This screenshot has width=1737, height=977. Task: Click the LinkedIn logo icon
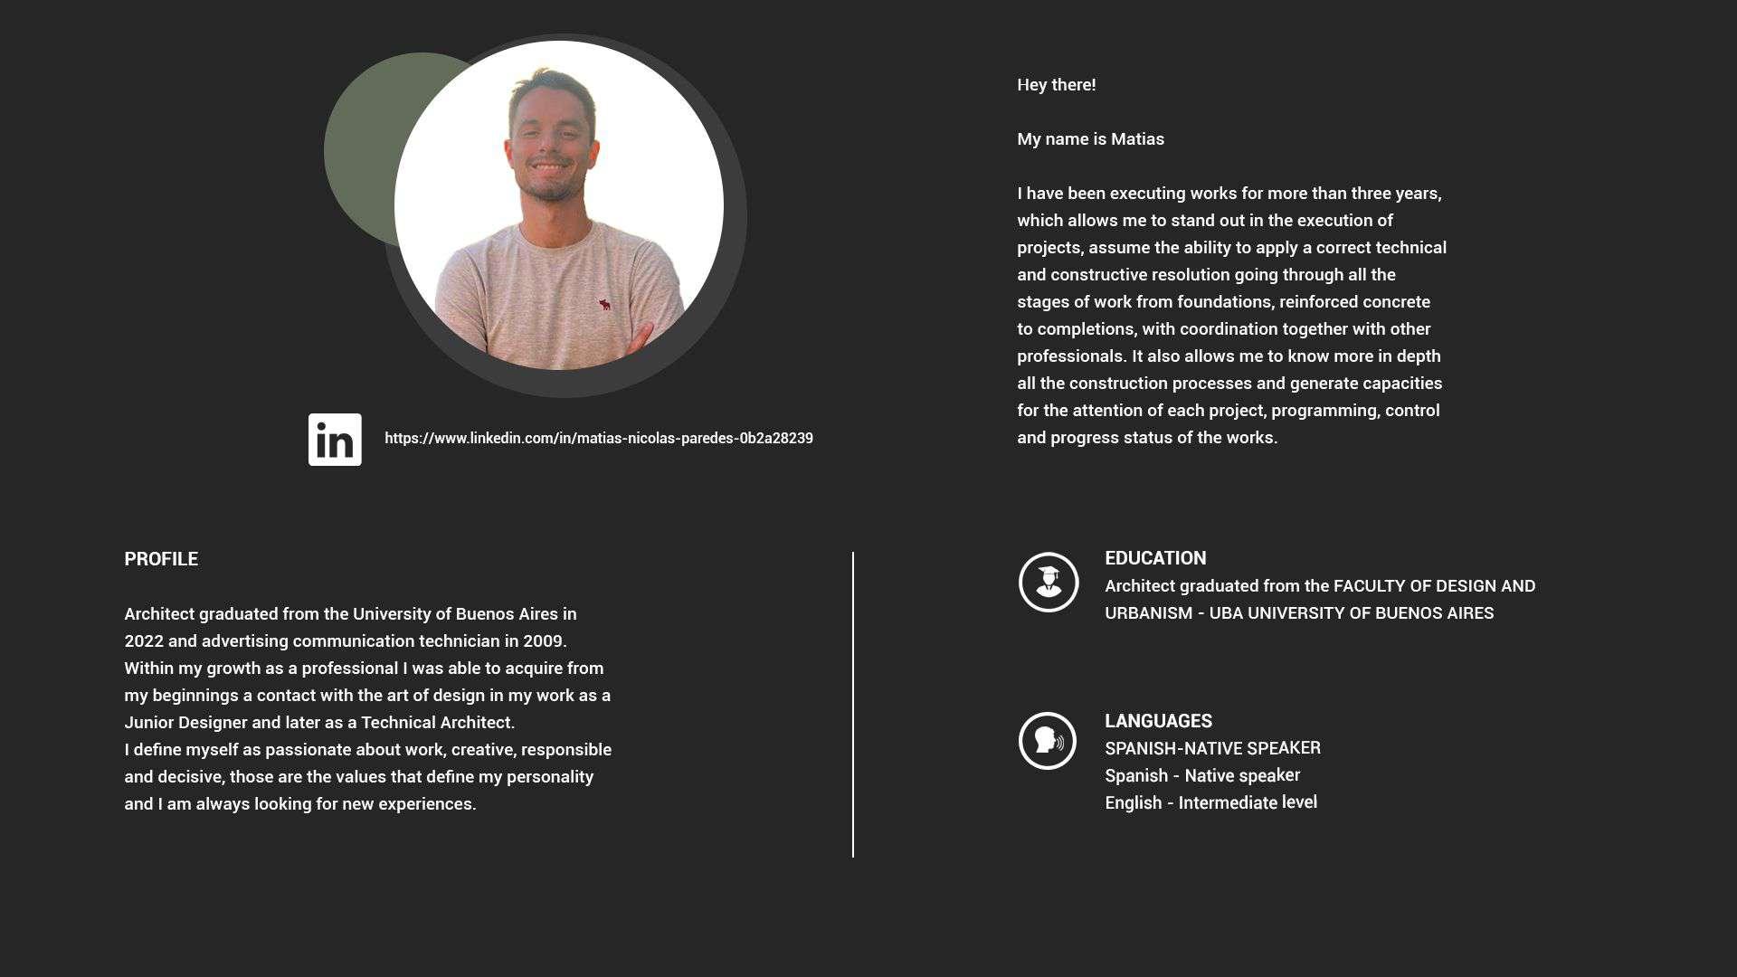[x=335, y=440]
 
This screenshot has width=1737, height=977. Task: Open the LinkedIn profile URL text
[x=598, y=439]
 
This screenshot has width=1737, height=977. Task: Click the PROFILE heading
[x=161, y=559]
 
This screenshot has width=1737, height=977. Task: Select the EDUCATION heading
[x=1155, y=558]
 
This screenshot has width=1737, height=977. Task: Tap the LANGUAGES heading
[x=1158, y=721]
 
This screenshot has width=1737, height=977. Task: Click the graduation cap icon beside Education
[x=1049, y=583]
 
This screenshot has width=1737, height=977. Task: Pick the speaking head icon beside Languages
[x=1048, y=741]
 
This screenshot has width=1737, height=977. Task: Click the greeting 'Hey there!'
[x=1056, y=85]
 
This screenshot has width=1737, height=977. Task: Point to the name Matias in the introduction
[x=1137, y=139]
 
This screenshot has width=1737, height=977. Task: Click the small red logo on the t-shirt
[x=604, y=305]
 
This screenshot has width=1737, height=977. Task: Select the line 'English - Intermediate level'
[x=1210, y=803]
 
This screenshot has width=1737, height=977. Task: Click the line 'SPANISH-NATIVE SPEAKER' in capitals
[x=1212, y=749]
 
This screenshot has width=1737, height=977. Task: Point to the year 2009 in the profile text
[x=542, y=641]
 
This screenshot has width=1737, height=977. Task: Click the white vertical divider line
[x=852, y=705]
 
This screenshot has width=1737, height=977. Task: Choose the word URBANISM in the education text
[x=1148, y=613]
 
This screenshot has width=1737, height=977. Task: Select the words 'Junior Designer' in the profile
[x=185, y=723]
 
